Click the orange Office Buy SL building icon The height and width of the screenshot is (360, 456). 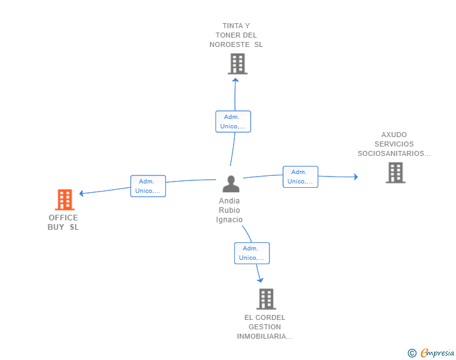click(65, 200)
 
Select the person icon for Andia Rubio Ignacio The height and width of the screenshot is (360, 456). click(231, 184)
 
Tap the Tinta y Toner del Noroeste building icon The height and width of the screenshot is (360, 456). click(237, 64)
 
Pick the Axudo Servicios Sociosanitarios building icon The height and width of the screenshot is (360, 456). click(395, 172)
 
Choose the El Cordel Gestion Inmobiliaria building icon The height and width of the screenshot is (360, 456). click(266, 299)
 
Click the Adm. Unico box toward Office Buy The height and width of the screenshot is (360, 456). click(148, 186)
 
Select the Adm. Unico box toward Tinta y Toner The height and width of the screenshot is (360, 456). click(233, 121)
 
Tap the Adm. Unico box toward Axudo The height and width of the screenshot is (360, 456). click(300, 177)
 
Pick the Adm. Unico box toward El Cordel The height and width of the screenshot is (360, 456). click(252, 253)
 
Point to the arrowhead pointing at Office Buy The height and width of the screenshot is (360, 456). click(81, 193)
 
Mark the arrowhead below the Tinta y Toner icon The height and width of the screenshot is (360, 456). click(235, 79)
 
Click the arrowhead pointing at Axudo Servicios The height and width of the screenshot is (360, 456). click(355, 177)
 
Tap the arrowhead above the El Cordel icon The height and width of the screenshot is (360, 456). click(260, 280)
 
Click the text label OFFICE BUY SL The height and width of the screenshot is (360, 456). click(63, 222)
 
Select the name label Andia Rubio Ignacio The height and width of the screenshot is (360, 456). click(229, 210)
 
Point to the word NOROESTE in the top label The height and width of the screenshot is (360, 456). click(232, 44)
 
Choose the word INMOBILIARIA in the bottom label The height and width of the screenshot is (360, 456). click(264, 336)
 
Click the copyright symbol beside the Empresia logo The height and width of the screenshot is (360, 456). click(412, 353)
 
